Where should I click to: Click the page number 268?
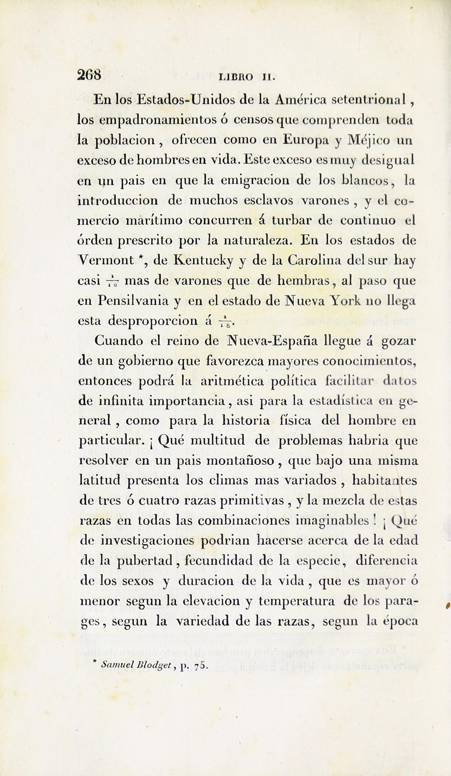point(89,75)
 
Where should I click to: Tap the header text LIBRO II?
point(246,77)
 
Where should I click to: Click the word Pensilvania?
point(133,301)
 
